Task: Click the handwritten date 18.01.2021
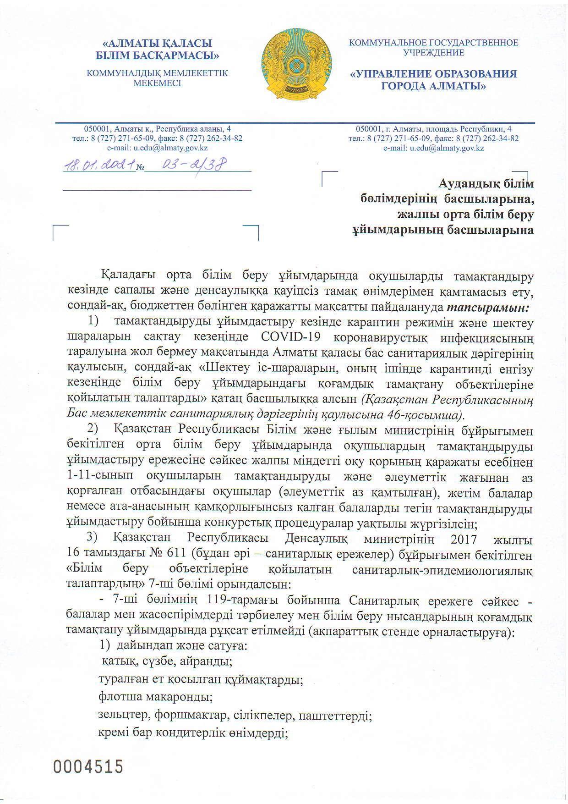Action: pos(99,165)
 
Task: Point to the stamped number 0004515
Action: pos(89,766)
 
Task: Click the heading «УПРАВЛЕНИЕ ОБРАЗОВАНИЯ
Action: pos(434,74)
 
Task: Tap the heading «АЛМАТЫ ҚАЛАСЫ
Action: pos(157,44)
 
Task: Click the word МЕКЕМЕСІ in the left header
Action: pos(157,83)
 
